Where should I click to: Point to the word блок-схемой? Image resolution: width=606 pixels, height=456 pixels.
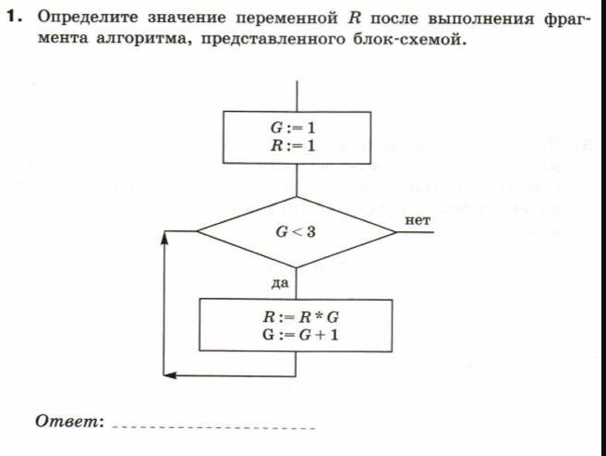pyautogui.click(x=409, y=43)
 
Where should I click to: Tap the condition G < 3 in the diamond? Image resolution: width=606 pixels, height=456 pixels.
pyautogui.click(x=297, y=231)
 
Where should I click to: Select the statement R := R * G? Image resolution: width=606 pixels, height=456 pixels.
pyautogui.click(x=296, y=317)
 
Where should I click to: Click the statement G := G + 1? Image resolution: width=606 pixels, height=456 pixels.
pyautogui.click(x=296, y=334)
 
